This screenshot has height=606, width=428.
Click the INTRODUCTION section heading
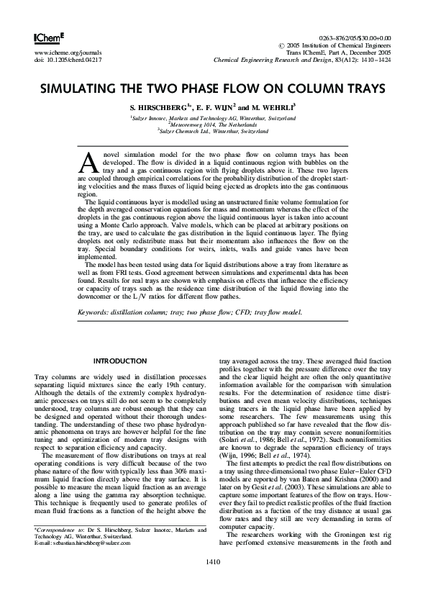(x=120, y=361)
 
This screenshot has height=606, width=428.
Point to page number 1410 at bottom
(x=214, y=581)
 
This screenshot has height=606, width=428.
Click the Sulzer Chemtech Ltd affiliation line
(x=213, y=132)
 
